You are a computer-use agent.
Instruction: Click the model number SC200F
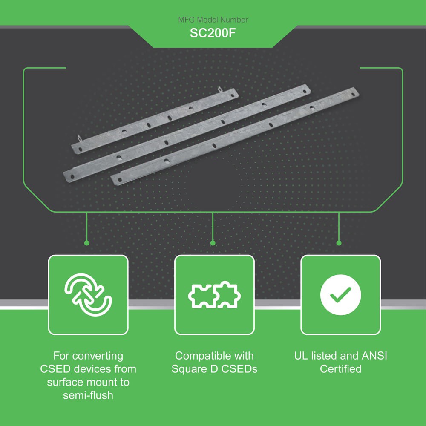[213, 34]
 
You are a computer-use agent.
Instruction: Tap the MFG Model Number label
[213, 20]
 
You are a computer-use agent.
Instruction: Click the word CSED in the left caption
[55, 369]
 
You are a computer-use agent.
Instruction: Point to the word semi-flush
[88, 395]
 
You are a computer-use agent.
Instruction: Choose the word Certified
[340, 369]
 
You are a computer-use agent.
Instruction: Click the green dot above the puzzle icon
[213, 243]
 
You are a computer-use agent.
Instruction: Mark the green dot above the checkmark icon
[339, 243]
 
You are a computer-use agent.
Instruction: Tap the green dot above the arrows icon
[86, 243]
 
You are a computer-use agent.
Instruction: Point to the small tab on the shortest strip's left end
[79, 138]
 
